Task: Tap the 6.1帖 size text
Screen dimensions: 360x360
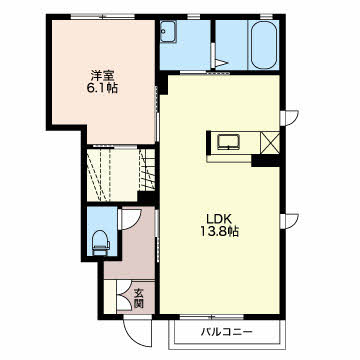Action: (103, 89)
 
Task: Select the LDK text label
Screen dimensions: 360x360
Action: (219, 219)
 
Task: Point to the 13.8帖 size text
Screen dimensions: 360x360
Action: (219, 232)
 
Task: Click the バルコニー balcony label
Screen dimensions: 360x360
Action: (226, 332)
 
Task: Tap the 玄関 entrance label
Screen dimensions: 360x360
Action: (138, 298)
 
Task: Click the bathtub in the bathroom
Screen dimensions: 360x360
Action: (264, 45)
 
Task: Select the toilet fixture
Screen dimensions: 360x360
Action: (101, 243)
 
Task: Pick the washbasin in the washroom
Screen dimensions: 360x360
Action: (168, 32)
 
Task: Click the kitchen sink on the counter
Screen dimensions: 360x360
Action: (228, 142)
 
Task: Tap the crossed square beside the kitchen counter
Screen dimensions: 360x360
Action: (270, 142)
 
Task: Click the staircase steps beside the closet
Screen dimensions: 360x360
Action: (147, 169)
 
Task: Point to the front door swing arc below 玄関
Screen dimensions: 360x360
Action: (135, 334)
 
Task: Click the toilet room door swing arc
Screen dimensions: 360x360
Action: (131, 219)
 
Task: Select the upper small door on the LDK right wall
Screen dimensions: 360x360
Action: (289, 118)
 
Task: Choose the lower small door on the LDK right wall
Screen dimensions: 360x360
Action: (289, 221)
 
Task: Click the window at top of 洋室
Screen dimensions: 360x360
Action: (103, 16)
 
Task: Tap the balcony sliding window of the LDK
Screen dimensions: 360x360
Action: (212, 316)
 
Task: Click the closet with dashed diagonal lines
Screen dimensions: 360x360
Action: (112, 175)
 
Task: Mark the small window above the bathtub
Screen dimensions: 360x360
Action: (266, 16)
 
